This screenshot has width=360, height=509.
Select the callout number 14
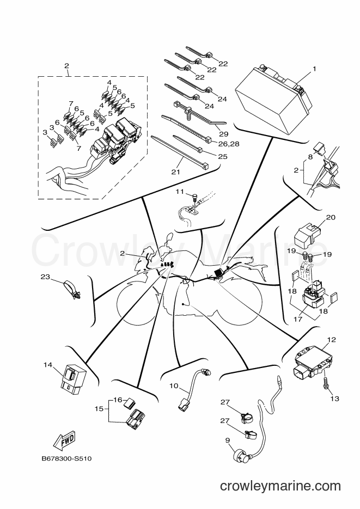pos(48,365)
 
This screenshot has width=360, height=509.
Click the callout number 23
pos(45,277)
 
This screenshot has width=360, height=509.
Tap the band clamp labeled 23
pos(72,289)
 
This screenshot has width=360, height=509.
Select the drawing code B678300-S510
pos(66,459)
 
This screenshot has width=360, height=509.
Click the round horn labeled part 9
pos(241,455)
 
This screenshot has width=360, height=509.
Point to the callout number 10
pos(174,385)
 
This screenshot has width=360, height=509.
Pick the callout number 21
pos(175,171)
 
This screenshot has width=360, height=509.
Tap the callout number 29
pos(224,133)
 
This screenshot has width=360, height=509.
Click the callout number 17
pos(298,319)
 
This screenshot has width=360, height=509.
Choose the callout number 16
pos(118,400)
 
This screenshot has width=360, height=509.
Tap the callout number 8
pos(310,157)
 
